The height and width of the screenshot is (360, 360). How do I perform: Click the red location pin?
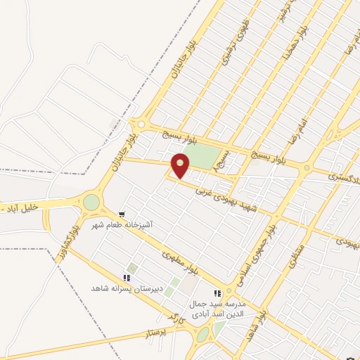click(x=181, y=165)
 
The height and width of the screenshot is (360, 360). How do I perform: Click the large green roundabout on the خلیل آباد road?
click(x=91, y=202)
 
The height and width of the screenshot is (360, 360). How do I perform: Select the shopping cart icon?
click(x=122, y=214)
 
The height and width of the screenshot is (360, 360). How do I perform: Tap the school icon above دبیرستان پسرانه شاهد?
click(x=127, y=278)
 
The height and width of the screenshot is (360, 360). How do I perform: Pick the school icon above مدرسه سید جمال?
click(x=218, y=293)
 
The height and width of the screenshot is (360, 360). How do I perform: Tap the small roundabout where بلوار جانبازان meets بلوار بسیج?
click(x=141, y=124)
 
